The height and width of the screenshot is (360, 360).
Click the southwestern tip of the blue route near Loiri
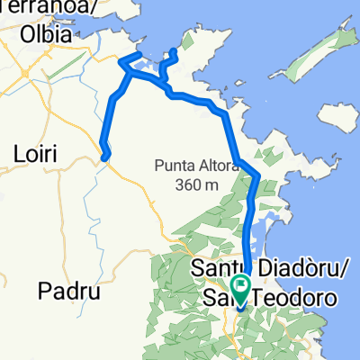tap(105, 158)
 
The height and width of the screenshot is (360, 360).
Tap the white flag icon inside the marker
tap(241, 285)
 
